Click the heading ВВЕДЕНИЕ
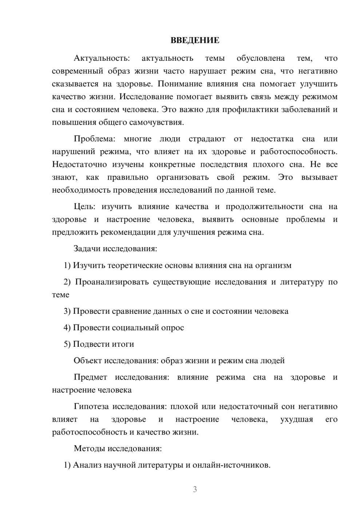tap(195, 40)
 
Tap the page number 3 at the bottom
tap(195, 489)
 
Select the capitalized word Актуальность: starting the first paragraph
tap(102, 59)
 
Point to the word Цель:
tap(84, 207)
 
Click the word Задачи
tap(87, 249)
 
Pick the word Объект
tap(88, 361)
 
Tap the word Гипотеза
tap(92, 407)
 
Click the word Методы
tap(89, 449)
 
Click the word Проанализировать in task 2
tap(112, 282)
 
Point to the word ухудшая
tap(297, 419)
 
